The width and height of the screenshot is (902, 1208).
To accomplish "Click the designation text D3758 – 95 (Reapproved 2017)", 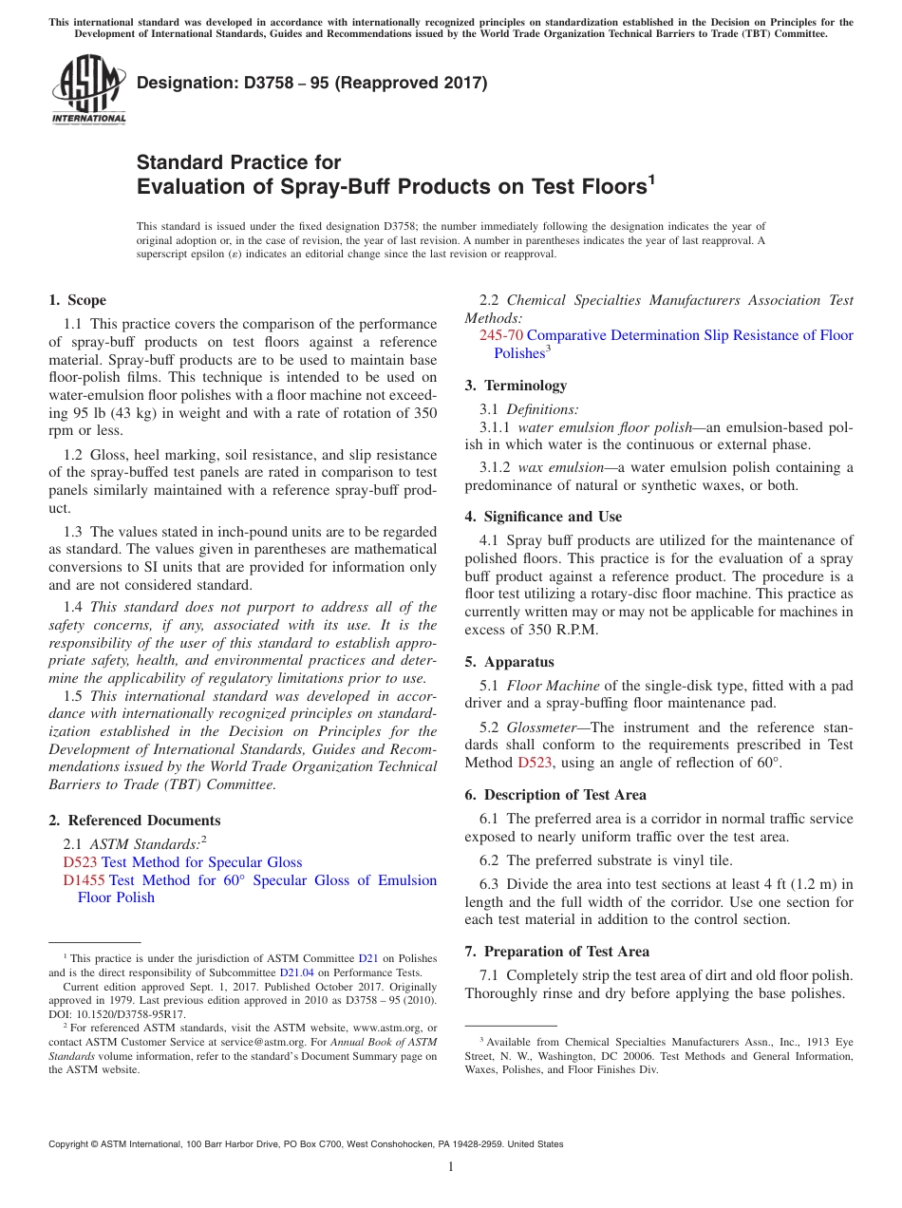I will pos(311,83).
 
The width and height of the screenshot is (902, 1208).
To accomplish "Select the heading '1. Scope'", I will pos(78,300).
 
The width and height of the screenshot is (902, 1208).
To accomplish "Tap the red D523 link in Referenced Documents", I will pos(80,862).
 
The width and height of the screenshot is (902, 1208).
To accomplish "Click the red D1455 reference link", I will pos(84,880).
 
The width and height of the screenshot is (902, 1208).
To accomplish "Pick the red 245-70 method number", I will pos(500,335).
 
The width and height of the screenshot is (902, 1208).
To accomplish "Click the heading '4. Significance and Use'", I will pos(543,517).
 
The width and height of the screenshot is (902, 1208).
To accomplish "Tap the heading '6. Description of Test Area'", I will pos(555,795).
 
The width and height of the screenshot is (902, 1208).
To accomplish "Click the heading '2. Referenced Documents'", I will pos(135,821).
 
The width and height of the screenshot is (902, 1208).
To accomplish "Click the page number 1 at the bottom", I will pos(451,1167).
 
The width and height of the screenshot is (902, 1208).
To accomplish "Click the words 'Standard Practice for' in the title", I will pos(238,161).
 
